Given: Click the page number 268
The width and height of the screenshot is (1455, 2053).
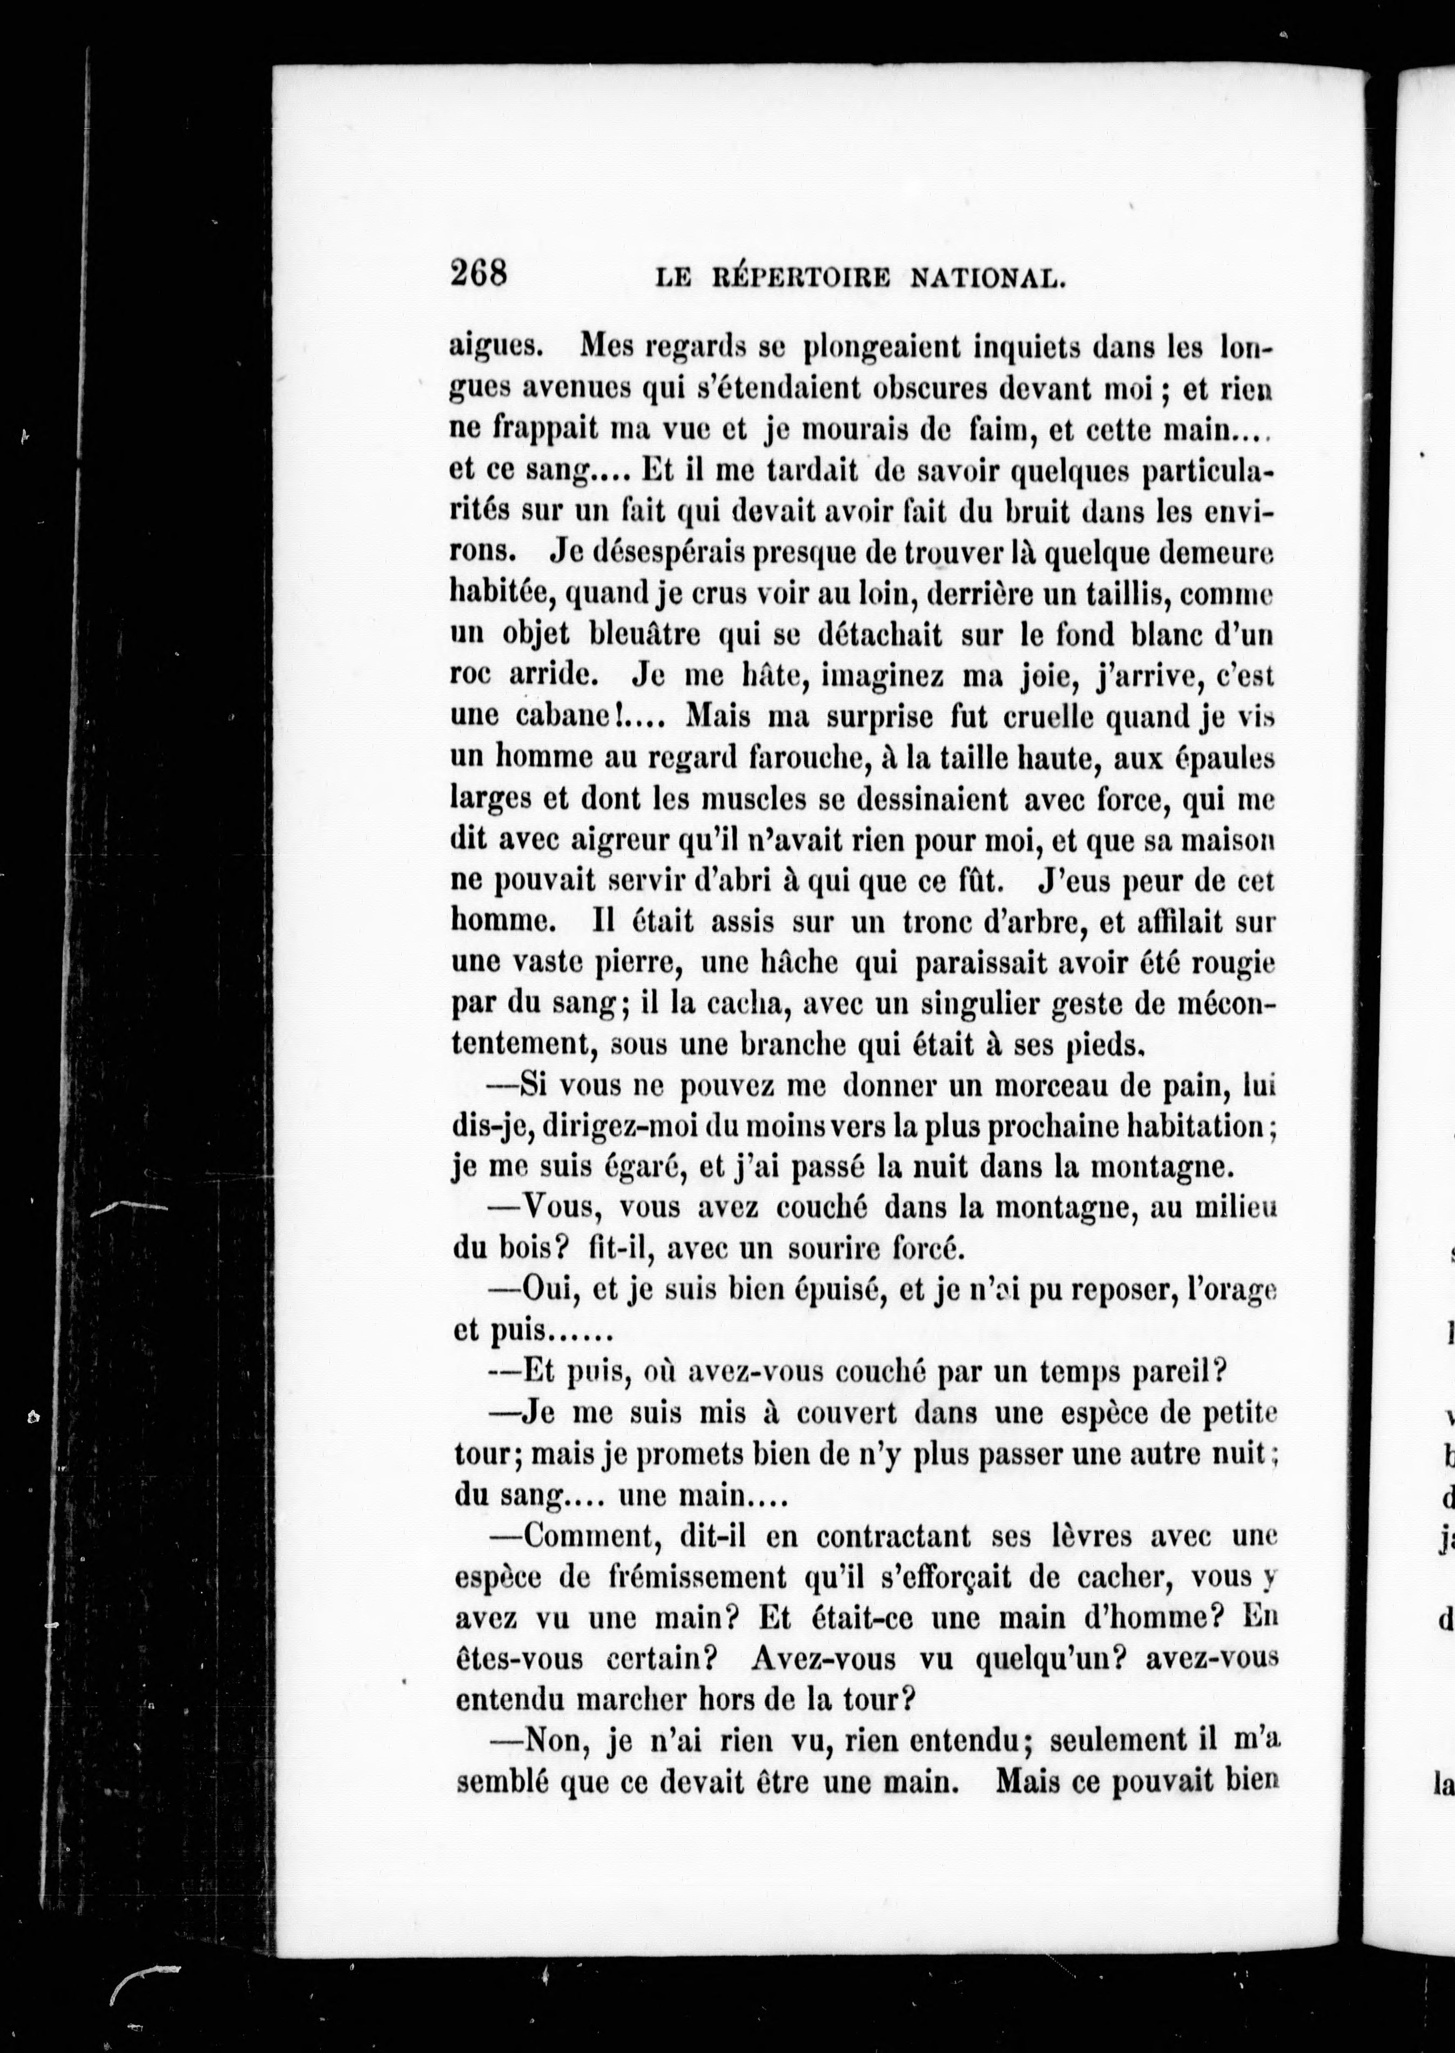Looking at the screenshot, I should (479, 272).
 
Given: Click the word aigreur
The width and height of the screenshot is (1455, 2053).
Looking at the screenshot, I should (624, 841).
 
